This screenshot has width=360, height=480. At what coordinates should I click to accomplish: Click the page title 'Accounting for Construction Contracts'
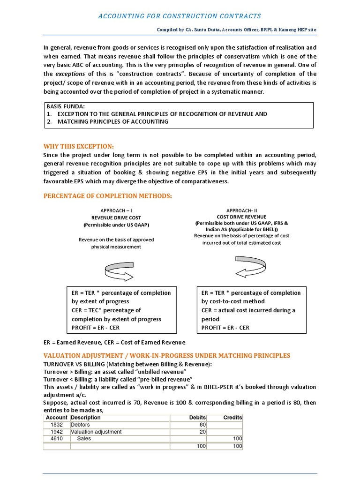tap(180, 16)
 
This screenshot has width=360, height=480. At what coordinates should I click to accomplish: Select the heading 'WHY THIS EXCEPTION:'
tap(78, 146)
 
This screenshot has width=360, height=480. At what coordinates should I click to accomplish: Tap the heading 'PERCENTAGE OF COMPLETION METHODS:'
tap(107, 195)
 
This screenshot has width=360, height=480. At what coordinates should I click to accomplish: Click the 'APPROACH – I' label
tap(116, 211)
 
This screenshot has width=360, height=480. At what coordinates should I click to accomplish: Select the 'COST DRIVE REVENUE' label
tap(241, 217)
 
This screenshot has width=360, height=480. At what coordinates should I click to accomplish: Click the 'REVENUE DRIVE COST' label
tap(116, 218)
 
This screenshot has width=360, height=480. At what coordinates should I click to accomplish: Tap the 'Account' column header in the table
tap(57, 417)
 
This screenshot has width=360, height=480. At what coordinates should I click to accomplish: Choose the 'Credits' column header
tap(232, 417)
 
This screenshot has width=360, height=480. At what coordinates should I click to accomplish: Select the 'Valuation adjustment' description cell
tap(96, 432)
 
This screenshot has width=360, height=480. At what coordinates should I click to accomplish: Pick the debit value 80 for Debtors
tap(203, 425)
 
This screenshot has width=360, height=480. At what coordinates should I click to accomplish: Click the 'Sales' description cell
tap(84, 439)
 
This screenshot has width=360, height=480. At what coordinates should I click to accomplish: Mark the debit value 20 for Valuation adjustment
tap(203, 432)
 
